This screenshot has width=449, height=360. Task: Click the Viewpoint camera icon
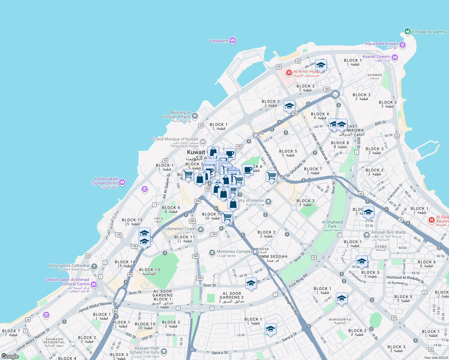(233, 41)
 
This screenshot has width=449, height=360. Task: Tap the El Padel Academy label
(429, 32)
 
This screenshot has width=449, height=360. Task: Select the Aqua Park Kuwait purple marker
(402, 45)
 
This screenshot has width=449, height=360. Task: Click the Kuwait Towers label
(376, 56)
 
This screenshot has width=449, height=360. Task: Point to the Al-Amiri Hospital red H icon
(289, 72)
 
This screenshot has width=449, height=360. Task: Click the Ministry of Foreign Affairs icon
(195, 116)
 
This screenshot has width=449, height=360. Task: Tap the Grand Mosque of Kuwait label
(175, 139)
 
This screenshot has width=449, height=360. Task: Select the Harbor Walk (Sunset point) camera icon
(122, 182)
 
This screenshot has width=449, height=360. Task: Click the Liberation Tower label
(180, 229)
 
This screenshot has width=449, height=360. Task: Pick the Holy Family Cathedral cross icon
(94, 266)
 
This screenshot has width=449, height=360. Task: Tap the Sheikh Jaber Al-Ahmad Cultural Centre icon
(94, 284)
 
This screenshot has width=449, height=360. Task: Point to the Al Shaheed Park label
(332, 224)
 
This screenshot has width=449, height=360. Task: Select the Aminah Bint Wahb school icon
(366, 235)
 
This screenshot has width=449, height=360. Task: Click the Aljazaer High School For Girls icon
(164, 351)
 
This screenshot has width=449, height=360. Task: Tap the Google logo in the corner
(10, 356)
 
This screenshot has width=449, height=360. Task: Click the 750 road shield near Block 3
(327, 89)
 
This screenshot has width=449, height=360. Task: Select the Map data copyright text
(436, 358)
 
